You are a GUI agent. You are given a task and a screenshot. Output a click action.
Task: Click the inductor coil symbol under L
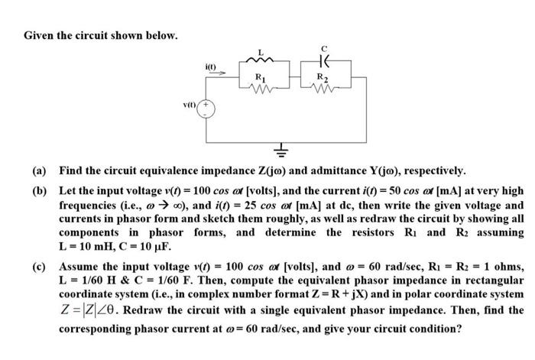(x=262, y=61)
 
